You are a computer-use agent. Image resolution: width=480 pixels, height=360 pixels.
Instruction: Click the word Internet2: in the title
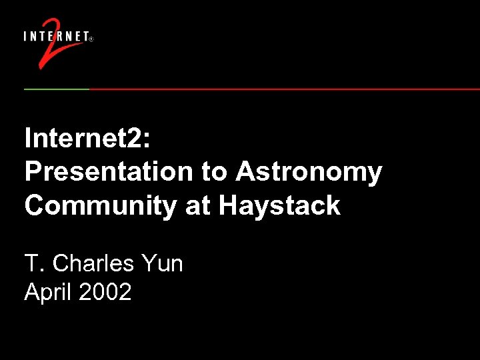tap(89, 138)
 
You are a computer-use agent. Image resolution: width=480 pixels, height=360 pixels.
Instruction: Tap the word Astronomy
tap(309, 172)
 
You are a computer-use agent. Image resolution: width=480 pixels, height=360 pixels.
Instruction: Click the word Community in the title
tap(101, 205)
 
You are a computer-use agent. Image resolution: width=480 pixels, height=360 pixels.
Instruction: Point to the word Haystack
tap(279, 205)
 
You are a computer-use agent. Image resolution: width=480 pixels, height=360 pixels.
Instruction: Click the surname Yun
tap(162, 263)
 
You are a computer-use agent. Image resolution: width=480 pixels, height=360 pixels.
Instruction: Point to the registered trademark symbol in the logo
tap(91, 39)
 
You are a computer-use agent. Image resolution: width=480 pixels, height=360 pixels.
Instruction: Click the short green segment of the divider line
tap(57, 89)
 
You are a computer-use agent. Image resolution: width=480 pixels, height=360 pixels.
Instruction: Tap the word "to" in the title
tap(214, 172)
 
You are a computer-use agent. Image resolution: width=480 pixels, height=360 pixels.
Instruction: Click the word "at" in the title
tap(198, 205)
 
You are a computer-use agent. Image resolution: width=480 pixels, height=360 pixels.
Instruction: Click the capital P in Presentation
tap(33, 172)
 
